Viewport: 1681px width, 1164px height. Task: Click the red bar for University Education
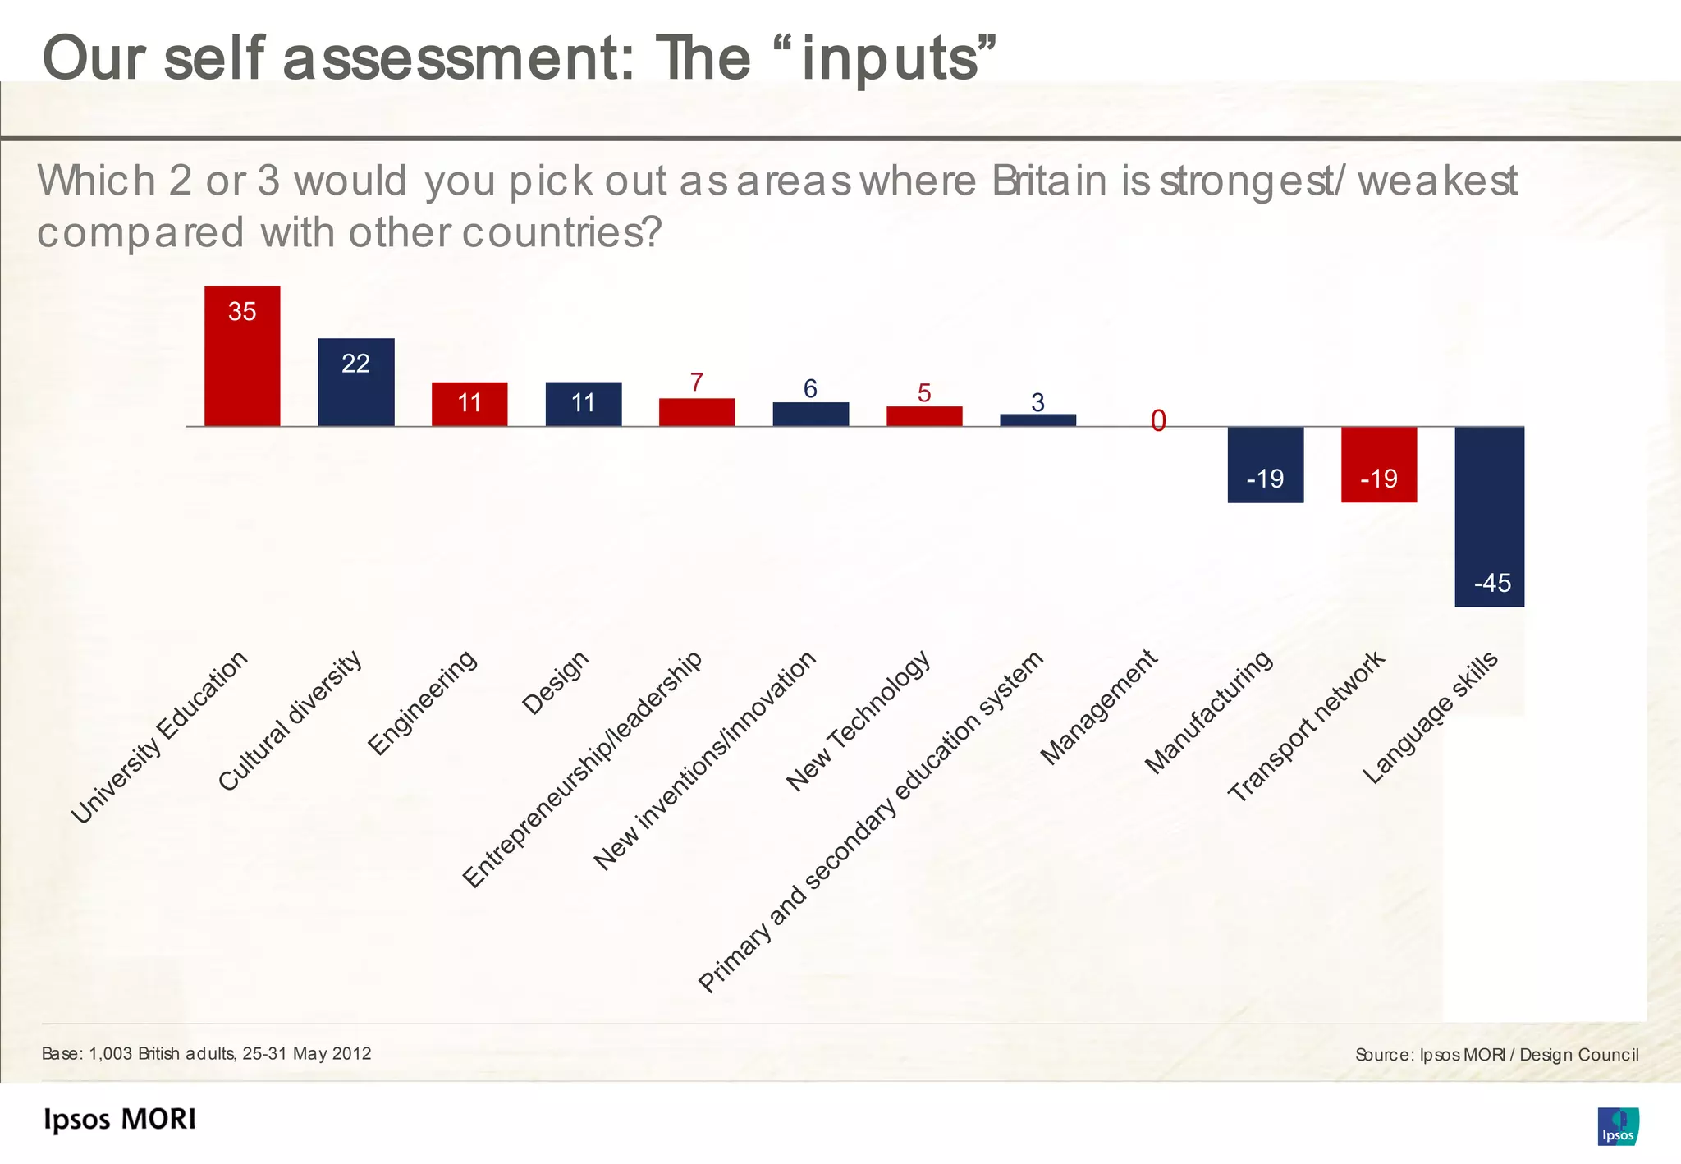pyautogui.click(x=242, y=356)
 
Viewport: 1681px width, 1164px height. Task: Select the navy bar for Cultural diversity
pyautogui.click(x=355, y=383)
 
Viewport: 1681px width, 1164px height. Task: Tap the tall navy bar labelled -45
pyautogui.click(x=1489, y=516)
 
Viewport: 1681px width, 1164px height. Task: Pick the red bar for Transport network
pyautogui.click(x=1378, y=465)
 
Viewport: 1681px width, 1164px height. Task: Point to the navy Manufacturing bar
pyautogui.click(x=1265, y=465)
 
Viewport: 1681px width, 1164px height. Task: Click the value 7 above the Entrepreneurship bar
pyautogui.click(x=696, y=383)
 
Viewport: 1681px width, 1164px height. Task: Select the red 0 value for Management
pyautogui.click(x=1157, y=421)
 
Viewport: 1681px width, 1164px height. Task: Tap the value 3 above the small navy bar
pyautogui.click(x=1037, y=402)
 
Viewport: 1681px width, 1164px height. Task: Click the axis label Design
pyautogui.click(x=556, y=682)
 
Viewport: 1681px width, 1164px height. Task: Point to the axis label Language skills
pyautogui.click(x=1430, y=717)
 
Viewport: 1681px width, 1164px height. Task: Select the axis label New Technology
pyautogui.click(x=858, y=721)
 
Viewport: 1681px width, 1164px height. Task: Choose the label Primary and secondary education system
pyautogui.click(x=870, y=822)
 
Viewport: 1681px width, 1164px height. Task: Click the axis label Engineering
pyautogui.click(x=422, y=702)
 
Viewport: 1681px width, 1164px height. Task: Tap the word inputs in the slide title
pyautogui.click(x=891, y=59)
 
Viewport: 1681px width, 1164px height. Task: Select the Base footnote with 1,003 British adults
pyautogui.click(x=206, y=1053)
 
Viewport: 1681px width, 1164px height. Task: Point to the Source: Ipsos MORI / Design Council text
pyautogui.click(x=1496, y=1055)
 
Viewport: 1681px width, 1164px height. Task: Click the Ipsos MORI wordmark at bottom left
pyautogui.click(x=120, y=1120)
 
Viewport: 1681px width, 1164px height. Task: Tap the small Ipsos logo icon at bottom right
pyautogui.click(x=1617, y=1126)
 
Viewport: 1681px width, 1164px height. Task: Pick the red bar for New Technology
pyautogui.click(x=923, y=416)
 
